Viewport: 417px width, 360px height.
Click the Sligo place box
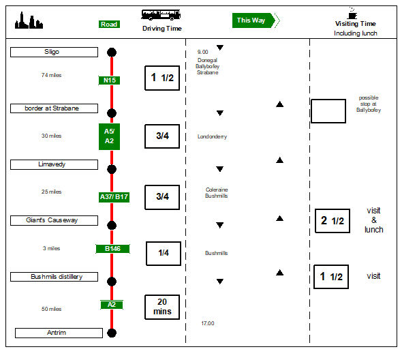click(55, 52)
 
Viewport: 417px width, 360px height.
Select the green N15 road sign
click(110, 80)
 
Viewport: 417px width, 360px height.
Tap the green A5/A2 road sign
click(110, 136)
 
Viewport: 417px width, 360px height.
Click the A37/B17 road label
click(114, 197)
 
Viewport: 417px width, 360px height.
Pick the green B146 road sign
click(112, 249)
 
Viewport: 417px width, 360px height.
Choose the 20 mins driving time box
click(162, 307)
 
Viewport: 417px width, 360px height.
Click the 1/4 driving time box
click(164, 253)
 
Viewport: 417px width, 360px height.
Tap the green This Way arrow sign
click(253, 20)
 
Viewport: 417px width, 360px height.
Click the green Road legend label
click(109, 25)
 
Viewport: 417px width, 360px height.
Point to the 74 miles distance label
click(51, 75)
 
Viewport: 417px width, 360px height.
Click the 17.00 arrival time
click(207, 323)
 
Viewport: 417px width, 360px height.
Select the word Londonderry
click(212, 136)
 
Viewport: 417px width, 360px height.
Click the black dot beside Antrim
click(112, 333)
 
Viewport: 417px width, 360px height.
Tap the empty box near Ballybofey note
click(328, 110)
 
